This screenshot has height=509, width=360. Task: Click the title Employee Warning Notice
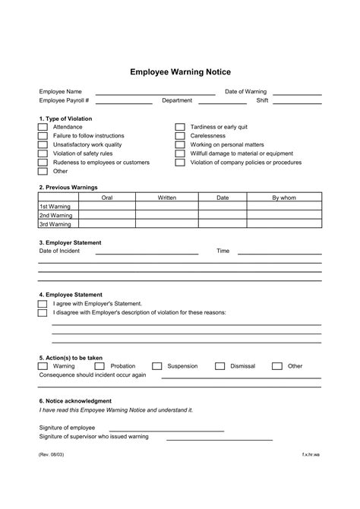point(180,72)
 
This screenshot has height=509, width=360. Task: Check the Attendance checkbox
point(43,128)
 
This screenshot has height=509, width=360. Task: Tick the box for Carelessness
point(180,136)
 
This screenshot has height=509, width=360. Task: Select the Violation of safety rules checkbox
point(43,153)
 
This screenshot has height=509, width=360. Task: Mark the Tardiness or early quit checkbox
point(180,128)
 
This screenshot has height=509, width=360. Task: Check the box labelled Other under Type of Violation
point(43,172)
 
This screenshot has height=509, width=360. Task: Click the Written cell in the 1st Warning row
point(166,206)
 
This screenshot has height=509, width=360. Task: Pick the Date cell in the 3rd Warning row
point(223,224)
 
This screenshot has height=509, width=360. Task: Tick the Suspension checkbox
point(157,366)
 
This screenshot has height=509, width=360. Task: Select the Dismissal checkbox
point(220,366)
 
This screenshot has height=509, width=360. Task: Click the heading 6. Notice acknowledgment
point(75,400)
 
